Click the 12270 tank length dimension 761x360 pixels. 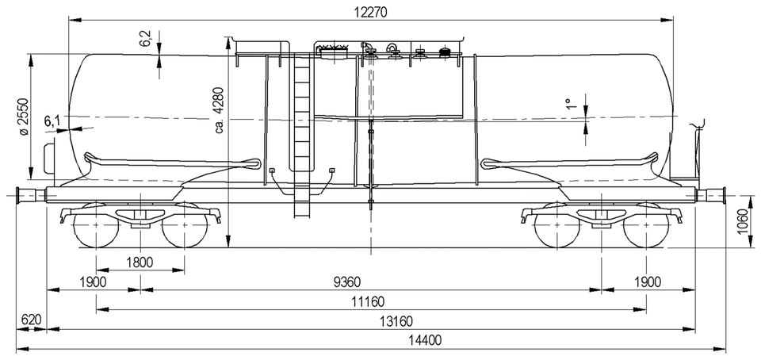[x=372, y=13]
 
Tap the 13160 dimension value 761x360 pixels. [x=396, y=321]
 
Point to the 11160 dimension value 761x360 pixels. [x=368, y=301]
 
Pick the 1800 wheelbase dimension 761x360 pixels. [x=140, y=262]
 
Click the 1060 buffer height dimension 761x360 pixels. [x=742, y=221]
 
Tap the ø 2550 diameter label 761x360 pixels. [x=23, y=118]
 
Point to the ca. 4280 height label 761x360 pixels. [x=220, y=110]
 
